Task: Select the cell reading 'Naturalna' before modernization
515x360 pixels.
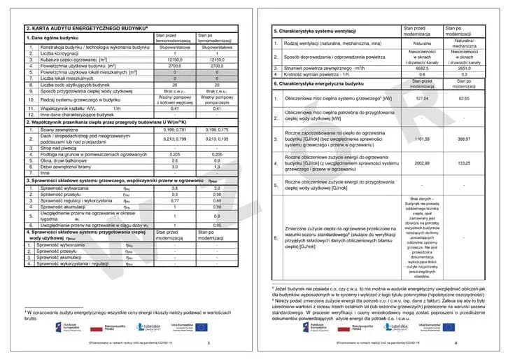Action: pos(422,43)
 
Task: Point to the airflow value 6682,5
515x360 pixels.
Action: pos(422,69)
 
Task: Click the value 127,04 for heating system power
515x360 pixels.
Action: pos(422,99)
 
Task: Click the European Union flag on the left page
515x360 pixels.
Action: pos(201,327)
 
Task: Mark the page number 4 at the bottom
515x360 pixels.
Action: pos(456,343)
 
